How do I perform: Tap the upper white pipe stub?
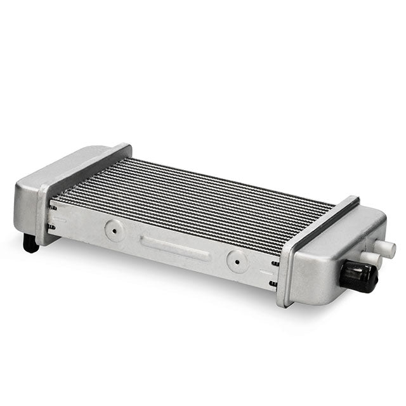(385, 248)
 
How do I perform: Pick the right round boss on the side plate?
(237, 260)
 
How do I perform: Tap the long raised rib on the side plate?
(174, 246)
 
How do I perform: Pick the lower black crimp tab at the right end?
(273, 284)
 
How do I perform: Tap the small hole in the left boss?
(114, 231)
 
